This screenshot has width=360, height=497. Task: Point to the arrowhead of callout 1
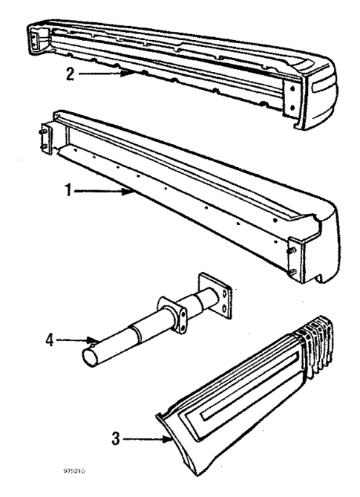133,192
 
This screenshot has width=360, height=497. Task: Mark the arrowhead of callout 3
172,441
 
